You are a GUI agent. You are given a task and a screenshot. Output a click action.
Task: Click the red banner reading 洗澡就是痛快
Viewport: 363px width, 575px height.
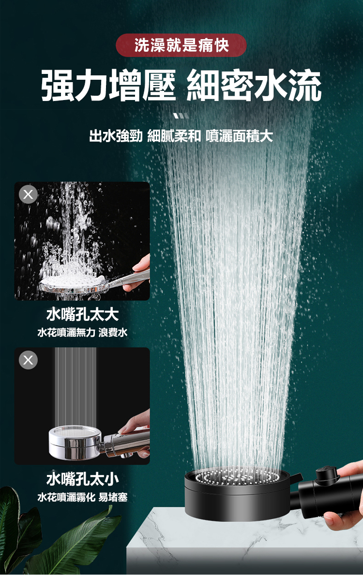click(181, 45)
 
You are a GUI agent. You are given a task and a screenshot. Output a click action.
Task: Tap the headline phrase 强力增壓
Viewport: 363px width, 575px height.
click(109, 86)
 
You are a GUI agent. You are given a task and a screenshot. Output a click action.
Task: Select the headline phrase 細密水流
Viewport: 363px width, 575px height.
click(254, 86)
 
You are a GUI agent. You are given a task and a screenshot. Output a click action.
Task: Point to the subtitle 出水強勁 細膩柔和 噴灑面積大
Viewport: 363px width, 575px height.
click(181, 136)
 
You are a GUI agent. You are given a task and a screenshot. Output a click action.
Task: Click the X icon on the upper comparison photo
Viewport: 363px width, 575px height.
click(28, 194)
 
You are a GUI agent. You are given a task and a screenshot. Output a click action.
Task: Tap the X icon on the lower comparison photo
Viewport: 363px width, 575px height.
click(28, 360)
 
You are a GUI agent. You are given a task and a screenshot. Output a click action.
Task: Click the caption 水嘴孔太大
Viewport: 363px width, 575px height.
click(82, 315)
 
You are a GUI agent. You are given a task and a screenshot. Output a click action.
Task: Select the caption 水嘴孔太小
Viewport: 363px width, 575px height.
click(82, 479)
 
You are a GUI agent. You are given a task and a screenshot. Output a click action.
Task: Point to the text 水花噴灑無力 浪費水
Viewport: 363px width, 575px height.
click(82, 332)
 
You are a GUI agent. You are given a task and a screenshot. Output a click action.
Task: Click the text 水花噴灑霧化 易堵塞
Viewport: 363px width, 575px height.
click(82, 497)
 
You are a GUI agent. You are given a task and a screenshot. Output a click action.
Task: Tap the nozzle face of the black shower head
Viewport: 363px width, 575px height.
click(238, 476)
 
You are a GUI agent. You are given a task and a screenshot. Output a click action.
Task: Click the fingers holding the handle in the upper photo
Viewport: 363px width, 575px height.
click(139, 272)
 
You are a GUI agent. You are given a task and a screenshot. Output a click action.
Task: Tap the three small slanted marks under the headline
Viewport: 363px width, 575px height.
click(181, 116)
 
